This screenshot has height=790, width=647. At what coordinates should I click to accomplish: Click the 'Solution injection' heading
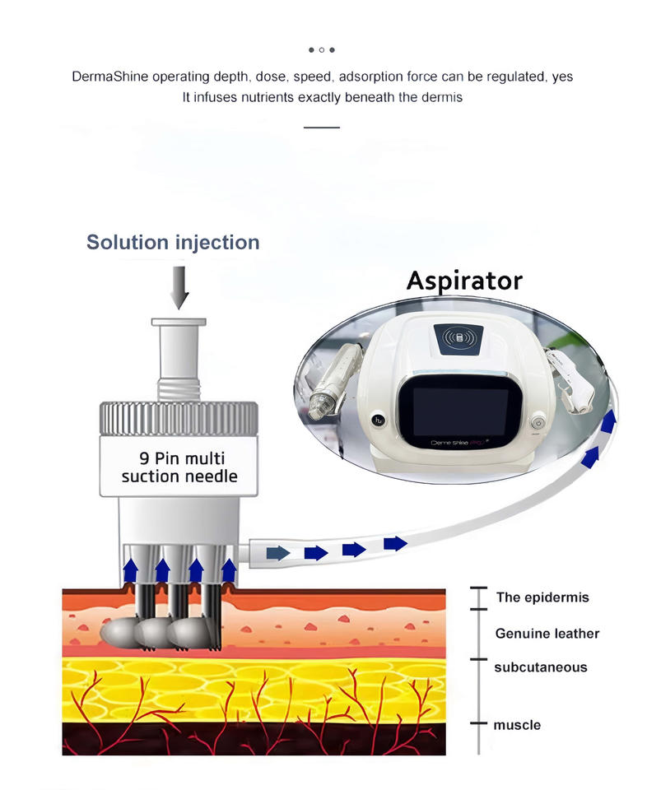click(x=173, y=243)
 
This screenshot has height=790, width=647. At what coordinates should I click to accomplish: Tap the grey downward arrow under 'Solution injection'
click(x=179, y=288)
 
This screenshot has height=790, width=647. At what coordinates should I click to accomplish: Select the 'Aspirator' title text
click(x=464, y=281)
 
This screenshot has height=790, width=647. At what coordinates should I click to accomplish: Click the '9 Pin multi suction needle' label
click(x=179, y=467)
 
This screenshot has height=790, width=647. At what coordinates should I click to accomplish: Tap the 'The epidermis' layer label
click(x=542, y=597)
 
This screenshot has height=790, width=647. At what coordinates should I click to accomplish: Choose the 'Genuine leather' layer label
click(x=547, y=634)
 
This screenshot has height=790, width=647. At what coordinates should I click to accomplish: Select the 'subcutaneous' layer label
click(x=540, y=667)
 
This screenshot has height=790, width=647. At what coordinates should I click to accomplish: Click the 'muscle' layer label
click(x=517, y=725)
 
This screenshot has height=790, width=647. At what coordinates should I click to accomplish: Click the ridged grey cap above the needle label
click(x=179, y=417)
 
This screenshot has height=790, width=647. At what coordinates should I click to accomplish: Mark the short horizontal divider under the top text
click(x=321, y=128)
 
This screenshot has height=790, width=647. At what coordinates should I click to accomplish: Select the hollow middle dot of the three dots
click(x=322, y=49)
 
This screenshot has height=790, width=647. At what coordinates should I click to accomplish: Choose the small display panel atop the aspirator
click(x=458, y=337)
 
